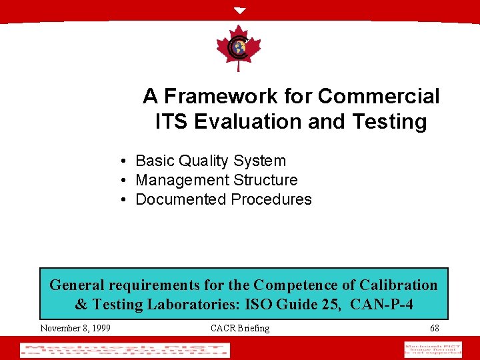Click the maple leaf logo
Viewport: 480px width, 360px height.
pos(238,47)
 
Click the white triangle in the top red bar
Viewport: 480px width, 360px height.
pos(240,11)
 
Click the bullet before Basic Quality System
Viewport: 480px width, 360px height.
pos(125,161)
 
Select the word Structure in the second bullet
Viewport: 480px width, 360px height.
pos(266,180)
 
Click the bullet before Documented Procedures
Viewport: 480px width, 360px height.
pos(125,200)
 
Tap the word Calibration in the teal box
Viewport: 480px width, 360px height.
pos(399,285)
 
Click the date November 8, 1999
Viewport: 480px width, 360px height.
pos(75,328)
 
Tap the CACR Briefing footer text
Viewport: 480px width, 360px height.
pos(240,328)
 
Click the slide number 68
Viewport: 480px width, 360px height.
pos(435,328)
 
